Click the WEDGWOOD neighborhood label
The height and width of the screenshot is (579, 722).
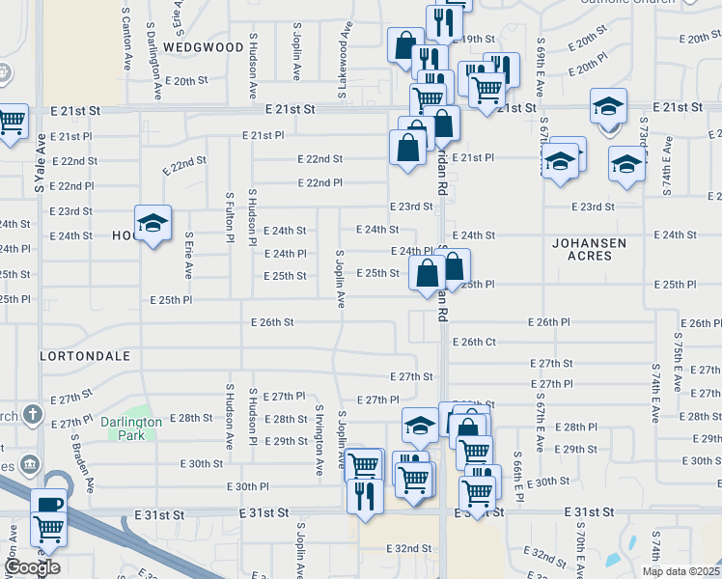(x=204, y=46)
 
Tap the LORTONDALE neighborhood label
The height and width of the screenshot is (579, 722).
(x=85, y=356)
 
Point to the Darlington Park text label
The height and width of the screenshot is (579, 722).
(x=129, y=427)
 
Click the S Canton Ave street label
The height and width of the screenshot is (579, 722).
(x=125, y=39)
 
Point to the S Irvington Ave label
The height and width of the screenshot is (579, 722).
(x=319, y=440)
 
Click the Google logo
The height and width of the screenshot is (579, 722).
(x=32, y=567)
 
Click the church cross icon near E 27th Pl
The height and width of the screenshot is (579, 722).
(x=33, y=416)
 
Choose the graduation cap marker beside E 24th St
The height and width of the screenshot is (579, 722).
(x=153, y=224)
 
